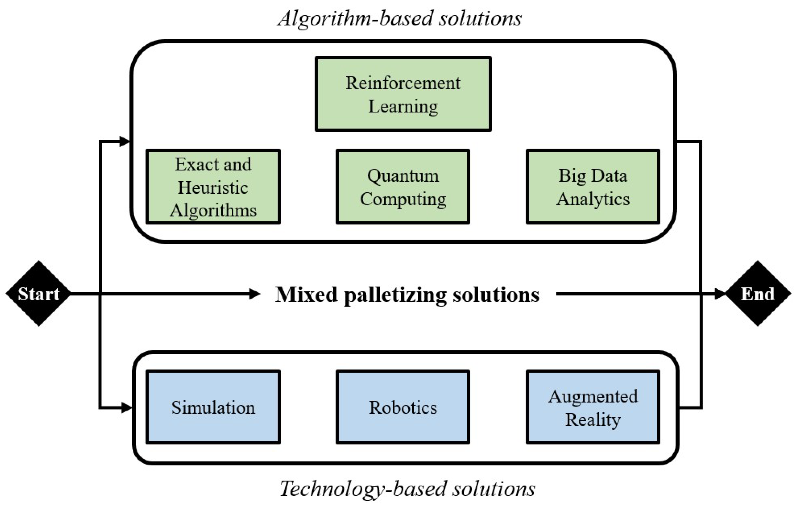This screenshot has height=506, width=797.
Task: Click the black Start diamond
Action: [x=38, y=294]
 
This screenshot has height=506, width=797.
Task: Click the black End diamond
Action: [x=758, y=294]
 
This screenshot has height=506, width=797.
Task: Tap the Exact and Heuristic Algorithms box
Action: [x=213, y=187]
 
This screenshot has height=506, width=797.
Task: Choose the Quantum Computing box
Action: [x=403, y=187]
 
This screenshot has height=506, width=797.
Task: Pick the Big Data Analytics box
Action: [x=593, y=187]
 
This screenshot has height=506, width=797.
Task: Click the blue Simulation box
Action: [x=213, y=407]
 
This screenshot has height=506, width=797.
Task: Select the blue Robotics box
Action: [x=403, y=407]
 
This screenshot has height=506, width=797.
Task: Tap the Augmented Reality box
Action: [x=593, y=407]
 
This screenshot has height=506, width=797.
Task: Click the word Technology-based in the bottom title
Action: [x=362, y=489]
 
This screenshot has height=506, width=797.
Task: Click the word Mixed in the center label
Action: [x=306, y=294]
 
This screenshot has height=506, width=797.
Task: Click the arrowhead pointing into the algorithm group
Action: [x=125, y=142]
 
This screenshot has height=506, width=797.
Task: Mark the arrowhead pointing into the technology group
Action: [x=126, y=407]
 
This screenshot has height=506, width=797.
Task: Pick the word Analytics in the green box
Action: [x=593, y=199]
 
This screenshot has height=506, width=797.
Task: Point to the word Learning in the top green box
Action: [x=403, y=107]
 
